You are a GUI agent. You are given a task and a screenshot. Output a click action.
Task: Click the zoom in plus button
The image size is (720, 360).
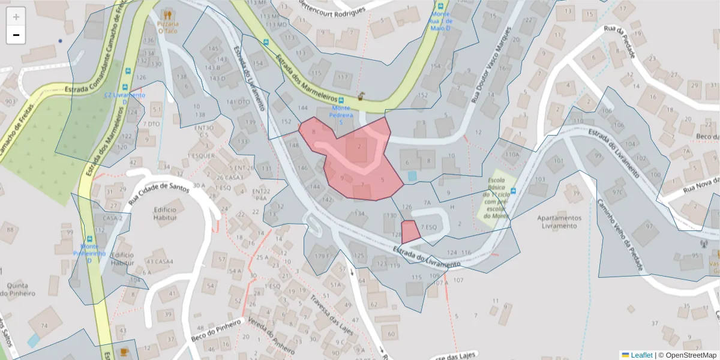click(16, 17)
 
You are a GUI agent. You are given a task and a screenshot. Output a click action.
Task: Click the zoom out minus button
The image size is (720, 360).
click(16, 35)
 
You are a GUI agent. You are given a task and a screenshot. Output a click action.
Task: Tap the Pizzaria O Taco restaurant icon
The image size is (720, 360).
click(168, 14)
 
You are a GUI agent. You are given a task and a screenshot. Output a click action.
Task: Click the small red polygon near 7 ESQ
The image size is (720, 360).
click(410, 232)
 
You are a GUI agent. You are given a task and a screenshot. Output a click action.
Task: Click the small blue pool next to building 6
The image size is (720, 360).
click(412, 176)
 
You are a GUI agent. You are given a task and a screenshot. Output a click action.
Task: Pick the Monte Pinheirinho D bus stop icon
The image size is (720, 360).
click(89, 238)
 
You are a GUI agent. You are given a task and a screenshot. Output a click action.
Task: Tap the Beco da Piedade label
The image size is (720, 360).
click(708, 137)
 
